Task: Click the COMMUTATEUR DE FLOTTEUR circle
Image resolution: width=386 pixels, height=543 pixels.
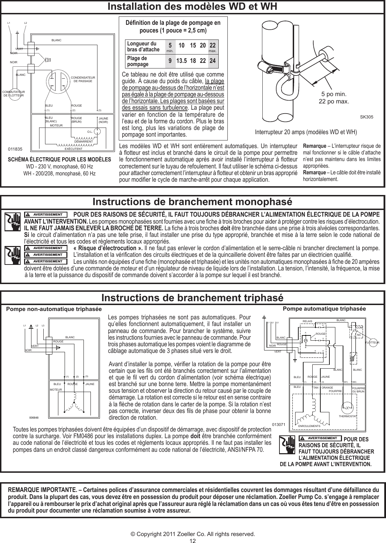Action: click(16, 93)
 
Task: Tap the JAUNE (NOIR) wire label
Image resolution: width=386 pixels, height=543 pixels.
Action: click(103, 120)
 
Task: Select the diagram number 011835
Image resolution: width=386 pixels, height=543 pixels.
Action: click(15, 149)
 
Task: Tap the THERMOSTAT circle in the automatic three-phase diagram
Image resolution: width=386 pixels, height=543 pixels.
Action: click(347, 408)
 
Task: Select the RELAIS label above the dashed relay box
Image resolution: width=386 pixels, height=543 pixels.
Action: click(307, 320)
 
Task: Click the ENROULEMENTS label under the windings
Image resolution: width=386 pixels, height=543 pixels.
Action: click(309, 426)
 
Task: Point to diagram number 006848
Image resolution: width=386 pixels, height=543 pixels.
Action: click(34, 418)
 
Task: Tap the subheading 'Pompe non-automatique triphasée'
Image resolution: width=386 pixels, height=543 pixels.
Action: click(54, 310)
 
